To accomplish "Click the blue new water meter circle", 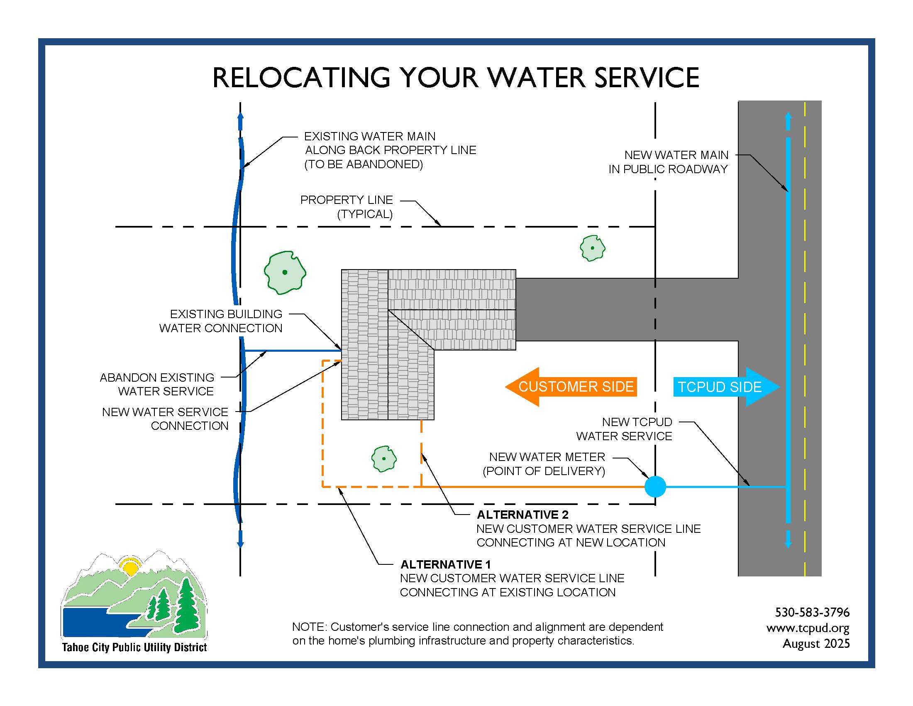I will pyautogui.click(x=655, y=486).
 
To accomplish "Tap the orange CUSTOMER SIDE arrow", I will pyautogui.click(x=571, y=387).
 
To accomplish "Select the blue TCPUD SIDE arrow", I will pyautogui.click(x=726, y=387).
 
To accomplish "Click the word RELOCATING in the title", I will pyautogui.click(x=301, y=78).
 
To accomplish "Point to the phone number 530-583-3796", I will pyautogui.click(x=812, y=612).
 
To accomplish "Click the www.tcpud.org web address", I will pyautogui.click(x=808, y=628).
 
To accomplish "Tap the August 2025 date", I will pyautogui.click(x=816, y=643).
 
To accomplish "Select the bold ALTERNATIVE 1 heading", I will pyautogui.click(x=445, y=564).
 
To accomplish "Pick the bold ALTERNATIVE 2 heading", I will pyautogui.click(x=522, y=515).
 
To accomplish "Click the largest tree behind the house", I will pyautogui.click(x=285, y=272).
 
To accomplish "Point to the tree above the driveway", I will pyautogui.click(x=592, y=248).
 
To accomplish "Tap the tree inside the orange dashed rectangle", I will pyautogui.click(x=384, y=459).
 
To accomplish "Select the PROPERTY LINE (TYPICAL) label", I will pyautogui.click(x=347, y=207).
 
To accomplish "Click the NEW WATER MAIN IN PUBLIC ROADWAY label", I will pyautogui.click(x=668, y=162).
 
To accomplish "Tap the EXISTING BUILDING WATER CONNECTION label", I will pyautogui.click(x=221, y=321).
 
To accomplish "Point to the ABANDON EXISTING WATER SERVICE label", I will pyautogui.click(x=157, y=384).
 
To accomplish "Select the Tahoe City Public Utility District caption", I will pyautogui.click(x=134, y=647).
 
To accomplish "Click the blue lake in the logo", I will pyautogui.click(x=92, y=621).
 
